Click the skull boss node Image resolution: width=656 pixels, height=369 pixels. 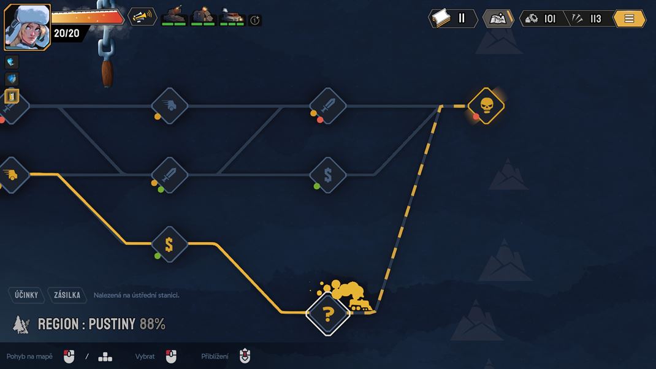point(486,106)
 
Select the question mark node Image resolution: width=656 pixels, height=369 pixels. point(328,314)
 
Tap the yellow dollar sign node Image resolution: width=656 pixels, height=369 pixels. point(169,245)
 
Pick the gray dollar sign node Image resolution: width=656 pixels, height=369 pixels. point(328,175)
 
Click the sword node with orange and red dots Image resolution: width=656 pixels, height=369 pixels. point(328,106)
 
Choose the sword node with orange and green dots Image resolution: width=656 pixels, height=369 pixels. point(169,175)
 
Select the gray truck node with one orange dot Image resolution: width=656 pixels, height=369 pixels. point(169,106)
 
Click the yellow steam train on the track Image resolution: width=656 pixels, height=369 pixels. point(360,304)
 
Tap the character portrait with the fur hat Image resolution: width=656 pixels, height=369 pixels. point(27,27)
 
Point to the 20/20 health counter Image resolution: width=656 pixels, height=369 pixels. point(67,33)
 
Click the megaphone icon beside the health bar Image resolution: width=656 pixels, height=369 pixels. point(142,17)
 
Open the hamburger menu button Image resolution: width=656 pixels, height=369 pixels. point(629,18)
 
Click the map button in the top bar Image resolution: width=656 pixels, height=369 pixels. point(498,18)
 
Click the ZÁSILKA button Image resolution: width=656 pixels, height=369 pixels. point(67,295)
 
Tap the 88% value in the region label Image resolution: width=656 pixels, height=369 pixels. point(152,324)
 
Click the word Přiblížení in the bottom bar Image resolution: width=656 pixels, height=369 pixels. point(215,357)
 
